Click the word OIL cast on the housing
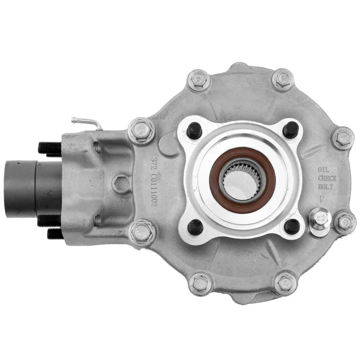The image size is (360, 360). pos(323,170)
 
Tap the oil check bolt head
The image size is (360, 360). pos(320,219)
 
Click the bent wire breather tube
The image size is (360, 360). pos(87,122)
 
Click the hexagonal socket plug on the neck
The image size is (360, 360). pos(122,184)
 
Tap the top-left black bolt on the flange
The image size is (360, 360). pos(194,129)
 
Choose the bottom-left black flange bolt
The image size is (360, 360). pos(194,226)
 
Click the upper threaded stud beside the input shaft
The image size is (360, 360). pos(49,148)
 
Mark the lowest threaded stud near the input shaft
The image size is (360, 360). pos(55,233)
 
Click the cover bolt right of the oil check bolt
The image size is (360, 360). pos(344,223)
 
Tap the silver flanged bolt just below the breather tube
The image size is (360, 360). pos(141,130)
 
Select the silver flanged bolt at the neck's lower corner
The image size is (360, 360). pos(142,232)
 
